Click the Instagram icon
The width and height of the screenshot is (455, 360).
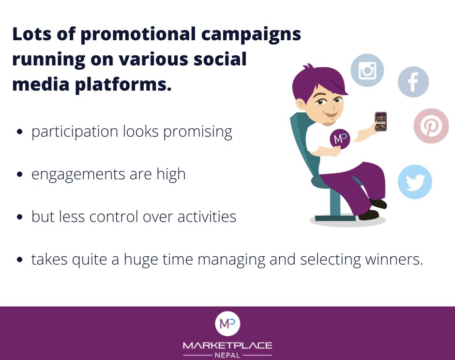pos(367,70)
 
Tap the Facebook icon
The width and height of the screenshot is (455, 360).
pos(413,82)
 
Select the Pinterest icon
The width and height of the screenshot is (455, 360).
pos(431,126)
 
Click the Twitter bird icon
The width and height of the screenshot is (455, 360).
pos(415,182)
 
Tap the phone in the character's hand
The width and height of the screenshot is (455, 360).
pos(381,122)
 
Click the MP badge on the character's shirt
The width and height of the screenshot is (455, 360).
pos(340,139)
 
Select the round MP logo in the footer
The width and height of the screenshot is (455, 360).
pos(227,324)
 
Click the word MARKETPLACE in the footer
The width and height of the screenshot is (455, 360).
pos(227,345)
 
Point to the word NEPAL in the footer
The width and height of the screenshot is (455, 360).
pos(227,355)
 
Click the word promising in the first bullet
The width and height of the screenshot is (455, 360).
pos(197,132)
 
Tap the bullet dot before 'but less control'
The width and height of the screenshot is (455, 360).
pos(20,217)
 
